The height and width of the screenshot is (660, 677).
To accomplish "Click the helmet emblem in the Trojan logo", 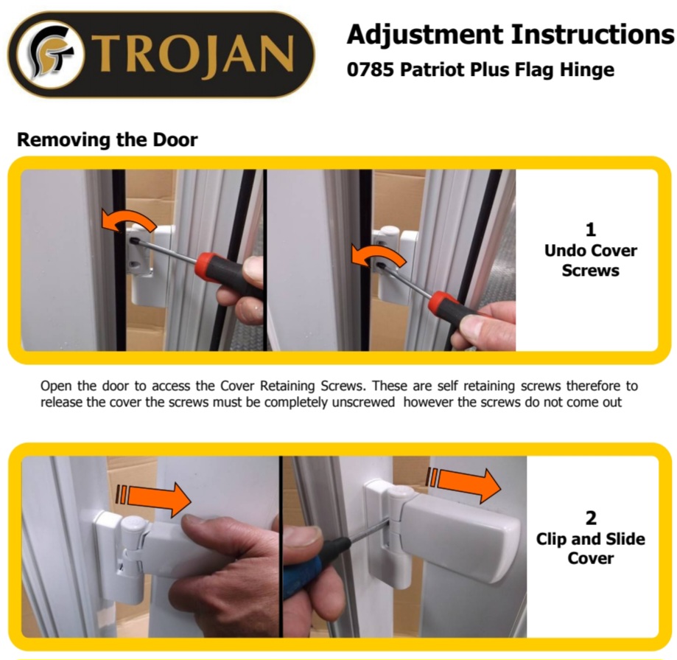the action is (49, 54).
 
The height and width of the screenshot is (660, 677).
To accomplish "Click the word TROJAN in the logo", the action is (192, 55).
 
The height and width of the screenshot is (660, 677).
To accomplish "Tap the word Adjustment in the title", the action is (425, 35).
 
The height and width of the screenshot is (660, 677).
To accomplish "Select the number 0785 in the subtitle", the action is (370, 69).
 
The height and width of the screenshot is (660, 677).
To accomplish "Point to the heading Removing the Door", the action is (107, 139).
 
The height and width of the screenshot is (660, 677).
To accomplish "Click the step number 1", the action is (591, 229).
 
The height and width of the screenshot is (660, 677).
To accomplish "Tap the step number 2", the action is (591, 518).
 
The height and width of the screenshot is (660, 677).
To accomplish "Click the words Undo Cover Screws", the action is (591, 260).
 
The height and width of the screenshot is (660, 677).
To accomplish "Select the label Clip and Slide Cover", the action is (591, 549).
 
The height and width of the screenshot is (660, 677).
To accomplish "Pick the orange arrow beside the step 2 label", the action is (463, 483).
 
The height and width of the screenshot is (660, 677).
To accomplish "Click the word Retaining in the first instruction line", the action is (287, 386).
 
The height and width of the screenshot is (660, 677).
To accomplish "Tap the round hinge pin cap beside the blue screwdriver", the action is (401, 493).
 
